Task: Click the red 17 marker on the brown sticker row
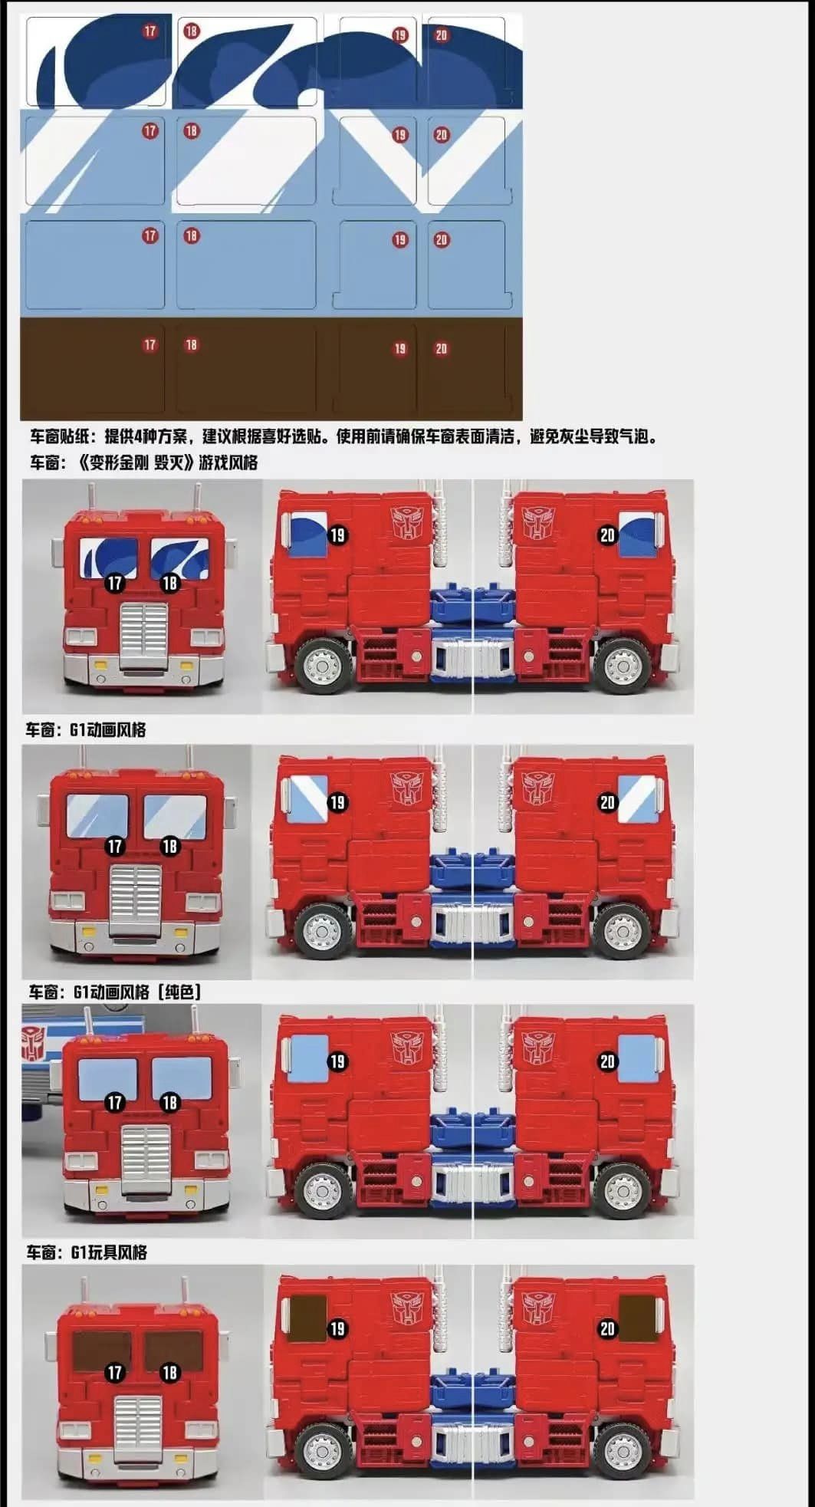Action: pyautogui.click(x=150, y=345)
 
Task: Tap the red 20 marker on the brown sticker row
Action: pyautogui.click(x=441, y=349)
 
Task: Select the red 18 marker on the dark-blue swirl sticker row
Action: pyautogui.click(x=191, y=31)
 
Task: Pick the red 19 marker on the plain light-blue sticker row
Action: pyautogui.click(x=399, y=240)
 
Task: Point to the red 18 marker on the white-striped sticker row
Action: pyautogui.click(x=191, y=131)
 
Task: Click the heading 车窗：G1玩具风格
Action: pyautogui.click(x=86, y=1252)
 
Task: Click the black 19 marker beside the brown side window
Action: pyautogui.click(x=337, y=1328)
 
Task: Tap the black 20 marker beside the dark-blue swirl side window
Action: pyautogui.click(x=607, y=535)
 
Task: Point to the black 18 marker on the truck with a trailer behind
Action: pyautogui.click(x=169, y=1102)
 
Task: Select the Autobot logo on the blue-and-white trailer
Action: pyautogui.click(x=33, y=1044)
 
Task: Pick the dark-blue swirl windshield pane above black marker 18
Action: pyautogui.click(x=179, y=558)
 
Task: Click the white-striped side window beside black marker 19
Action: pyautogui.click(x=307, y=795)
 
